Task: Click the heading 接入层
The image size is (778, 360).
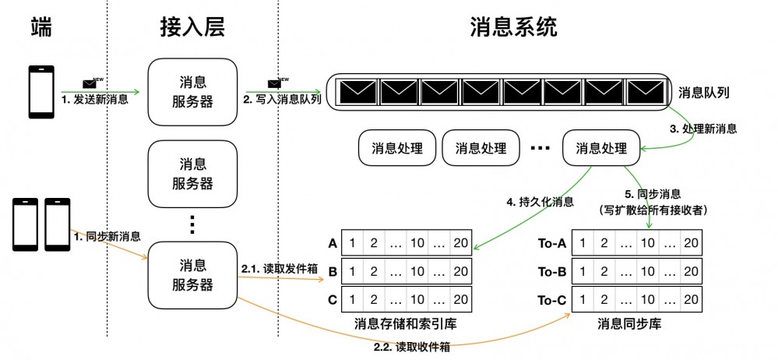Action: coord(192,29)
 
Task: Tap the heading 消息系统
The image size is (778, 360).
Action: coord(513,29)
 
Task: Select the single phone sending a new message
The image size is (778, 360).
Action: coord(40,92)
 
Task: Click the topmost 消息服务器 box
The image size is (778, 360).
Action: coord(192,93)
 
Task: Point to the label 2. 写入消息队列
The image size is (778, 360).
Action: coord(282,100)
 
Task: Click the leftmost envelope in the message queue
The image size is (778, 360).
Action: coord(356,92)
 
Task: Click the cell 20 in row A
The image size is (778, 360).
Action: coord(460,243)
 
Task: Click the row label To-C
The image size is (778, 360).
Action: coord(551,299)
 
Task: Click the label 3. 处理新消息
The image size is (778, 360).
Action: coord(703,129)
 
